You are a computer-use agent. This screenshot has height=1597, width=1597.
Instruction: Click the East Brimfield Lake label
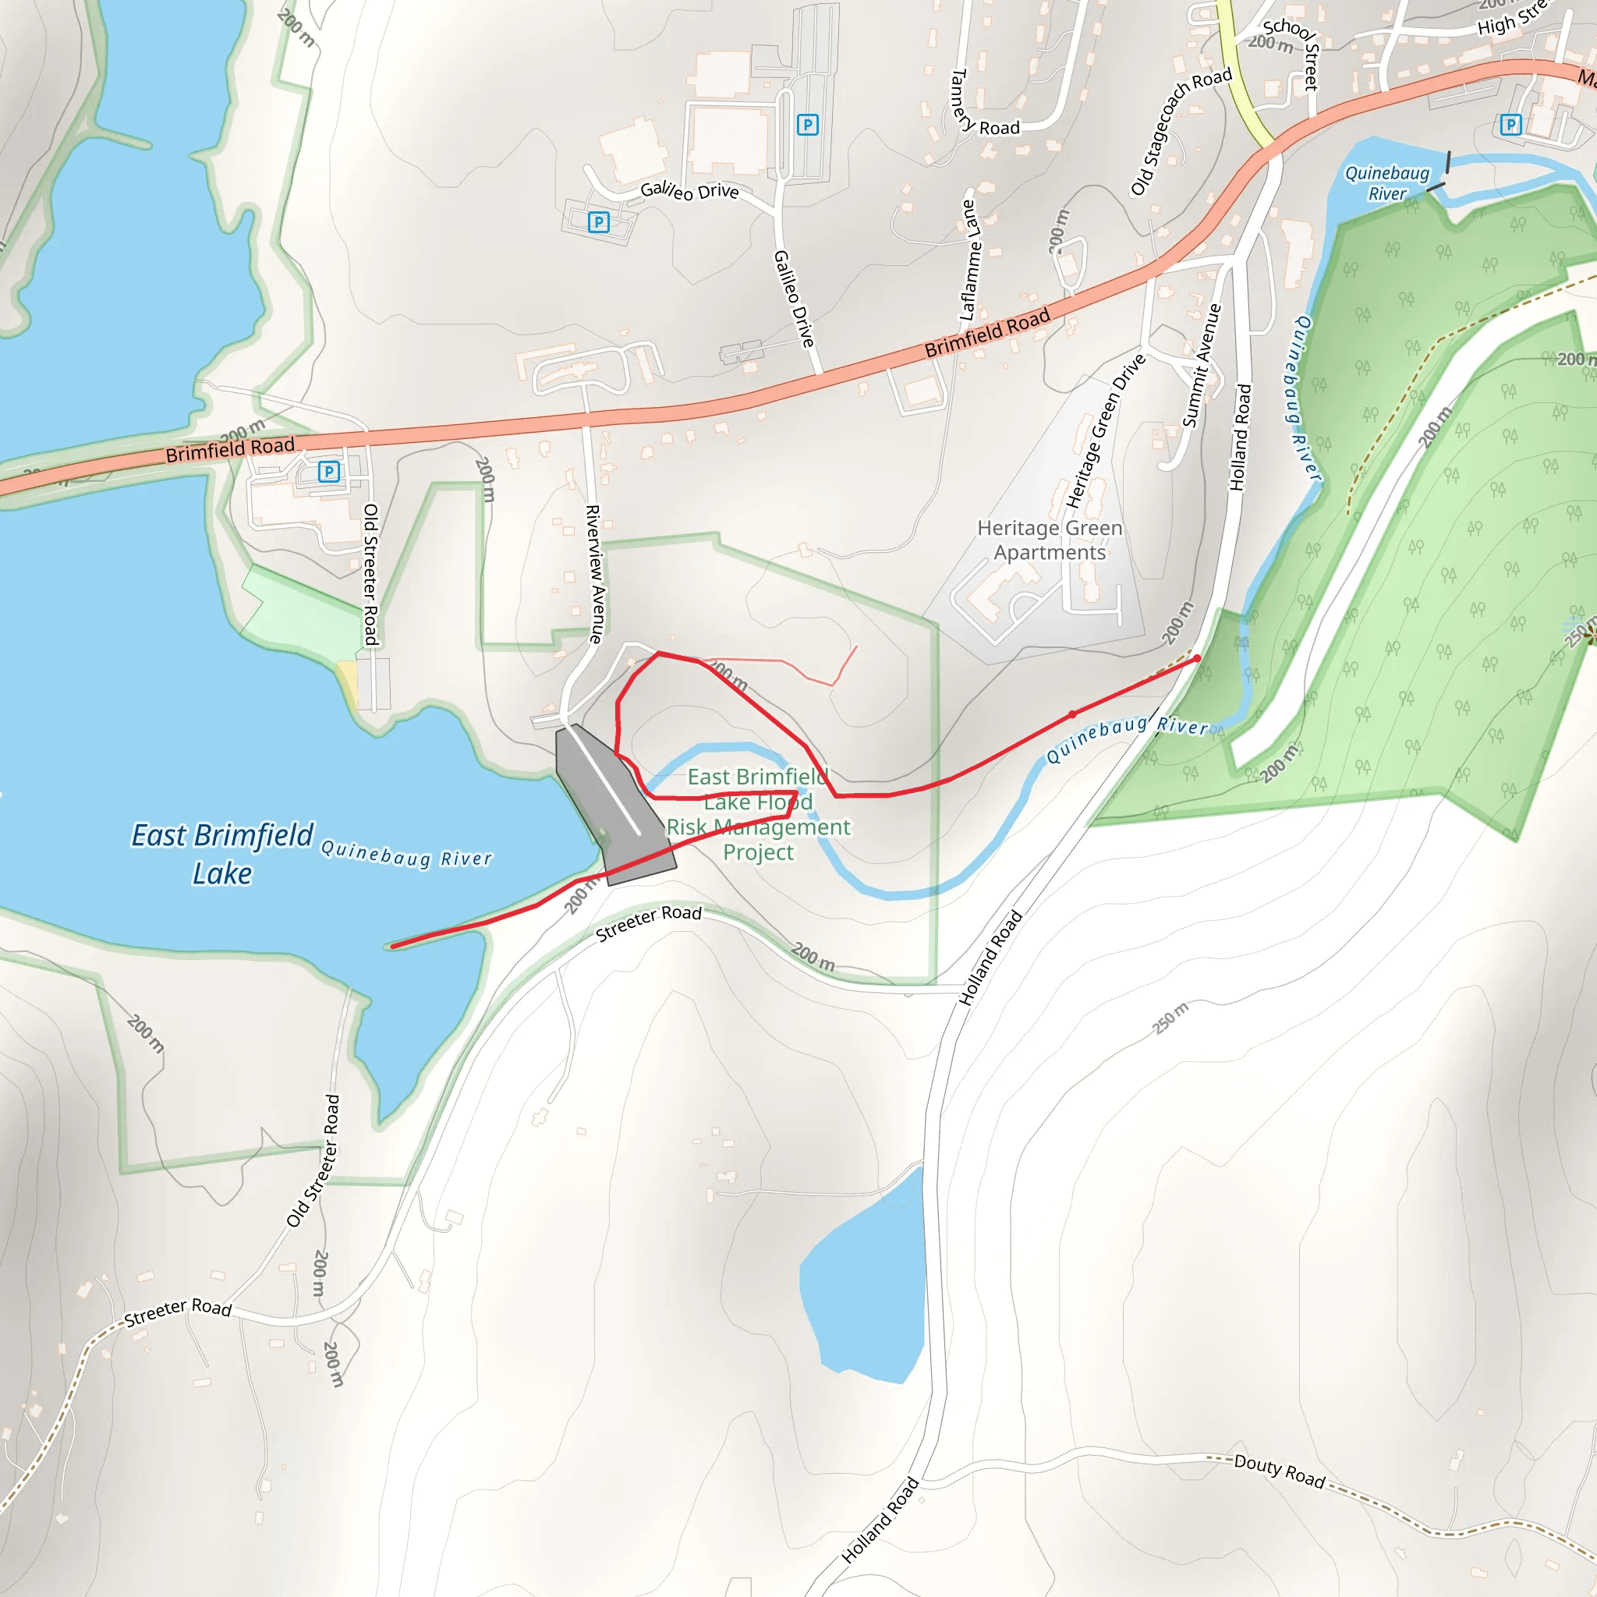[x=222, y=854]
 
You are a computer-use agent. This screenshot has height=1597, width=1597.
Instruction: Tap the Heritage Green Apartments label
[x=1049, y=540]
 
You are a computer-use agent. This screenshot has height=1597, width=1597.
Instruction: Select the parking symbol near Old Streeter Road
[x=329, y=471]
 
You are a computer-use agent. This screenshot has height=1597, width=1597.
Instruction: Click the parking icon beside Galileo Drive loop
[x=598, y=221]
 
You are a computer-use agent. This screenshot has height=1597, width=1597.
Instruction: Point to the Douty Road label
[x=1280, y=1471]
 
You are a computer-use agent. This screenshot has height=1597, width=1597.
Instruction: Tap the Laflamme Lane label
[x=970, y=260]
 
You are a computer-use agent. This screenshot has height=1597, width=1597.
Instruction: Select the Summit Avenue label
[x=1202, y=366]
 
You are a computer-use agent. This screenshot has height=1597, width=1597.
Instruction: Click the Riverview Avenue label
[x=595, y=574]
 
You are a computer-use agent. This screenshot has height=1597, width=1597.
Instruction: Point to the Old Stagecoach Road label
[x=1181, y=132]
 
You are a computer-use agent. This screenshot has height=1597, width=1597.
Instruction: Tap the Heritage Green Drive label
[x=1105, y=430]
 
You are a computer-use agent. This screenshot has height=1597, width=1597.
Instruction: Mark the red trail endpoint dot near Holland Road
[x=1197, y=659]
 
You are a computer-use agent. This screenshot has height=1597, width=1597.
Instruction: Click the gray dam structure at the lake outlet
[x=611, y=806]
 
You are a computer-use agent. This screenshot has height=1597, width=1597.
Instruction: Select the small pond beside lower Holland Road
[x=865, y=1280]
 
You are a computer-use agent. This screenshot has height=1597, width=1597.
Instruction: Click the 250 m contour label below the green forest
[x=1170, y=1018]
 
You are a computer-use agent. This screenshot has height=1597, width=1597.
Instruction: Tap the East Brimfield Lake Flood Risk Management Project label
[x=758, y=814]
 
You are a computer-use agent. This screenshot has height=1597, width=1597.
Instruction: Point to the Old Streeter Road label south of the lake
[x=314, y=1160]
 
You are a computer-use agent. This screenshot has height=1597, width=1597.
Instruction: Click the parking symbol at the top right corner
[x=1511, y=125]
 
